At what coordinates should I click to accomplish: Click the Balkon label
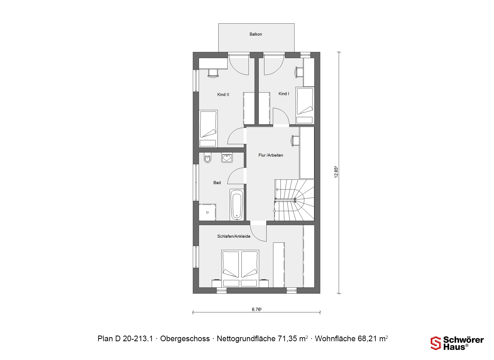(x=256, y=34)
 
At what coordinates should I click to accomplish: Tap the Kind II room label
(x=223, y=95)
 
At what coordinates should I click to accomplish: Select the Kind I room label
(x=284, y=94)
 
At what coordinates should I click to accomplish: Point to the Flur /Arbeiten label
(x=271, y=155)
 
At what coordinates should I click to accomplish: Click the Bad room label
(x=217, y=183)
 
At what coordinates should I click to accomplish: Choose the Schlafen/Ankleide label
(x=234, y=236)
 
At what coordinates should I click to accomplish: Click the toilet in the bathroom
(x=207, y=158)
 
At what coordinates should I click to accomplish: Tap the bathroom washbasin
(x=227, y=158)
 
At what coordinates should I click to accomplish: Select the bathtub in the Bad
(x=237, y=205)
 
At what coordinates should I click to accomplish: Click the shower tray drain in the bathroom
(x=207, y=212)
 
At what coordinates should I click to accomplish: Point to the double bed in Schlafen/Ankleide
(x=240, y=268)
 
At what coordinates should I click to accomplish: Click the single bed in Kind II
(x=208, y=129)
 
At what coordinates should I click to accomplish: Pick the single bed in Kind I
(x=305, y=106)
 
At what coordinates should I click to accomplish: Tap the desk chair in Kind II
(x=214, y=73)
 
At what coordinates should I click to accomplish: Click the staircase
(x=294, y=200)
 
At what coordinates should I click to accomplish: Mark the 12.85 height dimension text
(x=336, y=172)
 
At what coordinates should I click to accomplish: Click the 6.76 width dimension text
(x=257, y=310)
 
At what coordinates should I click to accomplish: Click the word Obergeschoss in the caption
(x=185, y=339)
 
